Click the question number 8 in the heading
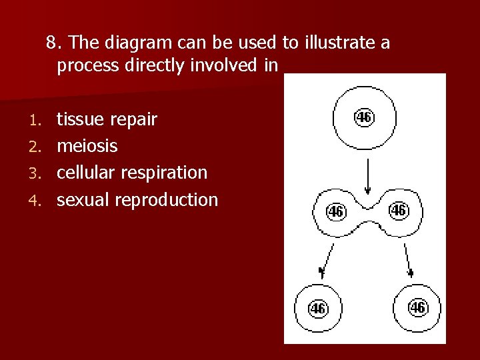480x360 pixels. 51,44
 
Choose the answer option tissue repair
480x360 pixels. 107,120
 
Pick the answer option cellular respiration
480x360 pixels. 132,173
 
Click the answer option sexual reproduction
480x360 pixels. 137,199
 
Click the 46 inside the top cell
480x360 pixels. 364,117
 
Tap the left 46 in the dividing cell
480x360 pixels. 335,211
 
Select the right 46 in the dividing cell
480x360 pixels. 398,211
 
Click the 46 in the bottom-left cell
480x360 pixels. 318,309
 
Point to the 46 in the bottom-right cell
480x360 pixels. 417,308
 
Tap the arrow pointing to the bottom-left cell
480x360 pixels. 326,260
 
